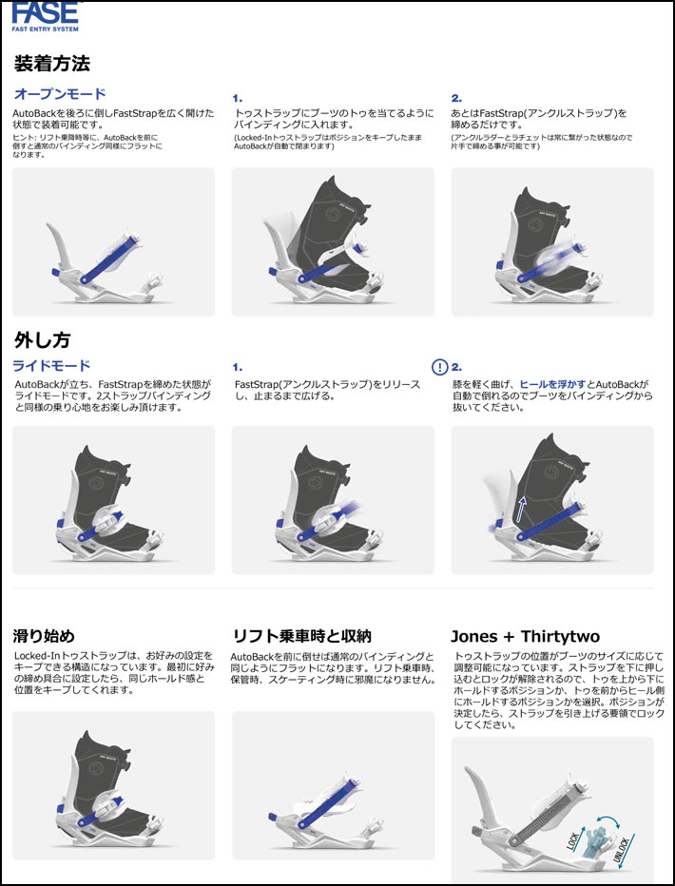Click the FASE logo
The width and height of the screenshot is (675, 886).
46,16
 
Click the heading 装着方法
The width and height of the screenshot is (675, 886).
52,64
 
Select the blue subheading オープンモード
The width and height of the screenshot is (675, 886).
60,94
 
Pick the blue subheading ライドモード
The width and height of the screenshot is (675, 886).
51,366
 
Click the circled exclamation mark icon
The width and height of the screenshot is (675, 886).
439,367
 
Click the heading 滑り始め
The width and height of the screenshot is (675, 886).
44,636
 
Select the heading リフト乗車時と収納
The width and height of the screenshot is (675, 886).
302,636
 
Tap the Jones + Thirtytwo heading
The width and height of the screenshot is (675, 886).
526,637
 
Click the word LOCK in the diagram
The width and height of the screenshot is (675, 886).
572,840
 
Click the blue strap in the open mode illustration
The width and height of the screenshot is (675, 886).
110,260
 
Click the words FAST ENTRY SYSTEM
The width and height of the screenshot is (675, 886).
46,29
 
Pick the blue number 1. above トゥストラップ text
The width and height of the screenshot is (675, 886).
238,98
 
